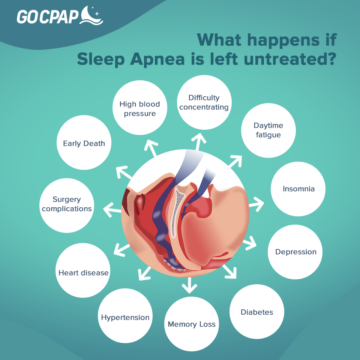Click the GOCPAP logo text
(48, 16)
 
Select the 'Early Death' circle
(84, 142)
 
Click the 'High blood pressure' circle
(140, 108)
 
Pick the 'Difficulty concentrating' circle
(204, 102)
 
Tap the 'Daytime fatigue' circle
(268, 130)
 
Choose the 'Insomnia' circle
(298, 189)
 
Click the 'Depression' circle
(295, 252)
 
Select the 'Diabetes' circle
(257, 312)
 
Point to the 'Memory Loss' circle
(192, 324)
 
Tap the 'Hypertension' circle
(125, 316)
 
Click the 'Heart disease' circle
(83, 270)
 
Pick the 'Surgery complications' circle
(67, 205)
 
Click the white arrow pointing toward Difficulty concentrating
(199, 141)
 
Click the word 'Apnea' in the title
(157, 59)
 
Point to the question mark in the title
(331, 59)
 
